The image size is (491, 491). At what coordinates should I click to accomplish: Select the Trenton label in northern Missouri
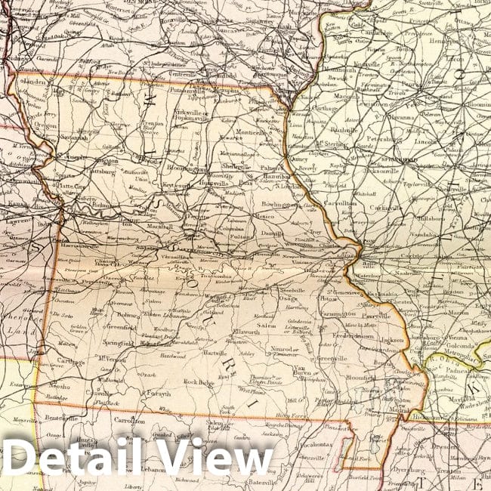click(153, 123)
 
